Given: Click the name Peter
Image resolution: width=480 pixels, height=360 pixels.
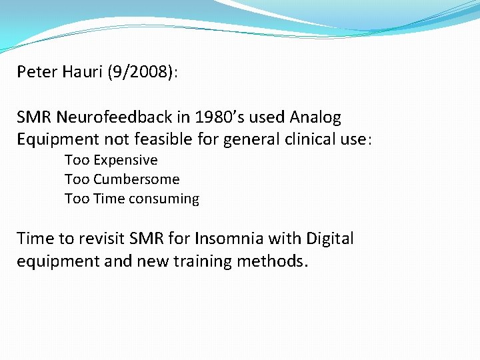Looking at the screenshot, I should (37, 72).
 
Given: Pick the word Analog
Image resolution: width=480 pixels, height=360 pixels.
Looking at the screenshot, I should (315, 118).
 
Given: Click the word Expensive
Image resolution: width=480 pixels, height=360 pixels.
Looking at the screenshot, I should (125, 161).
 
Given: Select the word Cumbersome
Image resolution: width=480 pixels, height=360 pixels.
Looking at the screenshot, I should (137, 180).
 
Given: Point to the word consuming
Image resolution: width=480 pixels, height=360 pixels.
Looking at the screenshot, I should (165, 199).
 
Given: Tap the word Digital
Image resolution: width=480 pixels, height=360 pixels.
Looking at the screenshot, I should (330, 239).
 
